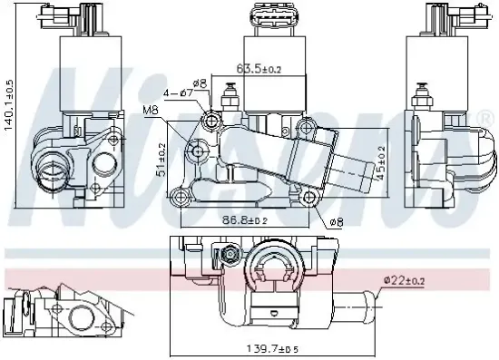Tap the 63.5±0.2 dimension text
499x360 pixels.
point(260,67)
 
